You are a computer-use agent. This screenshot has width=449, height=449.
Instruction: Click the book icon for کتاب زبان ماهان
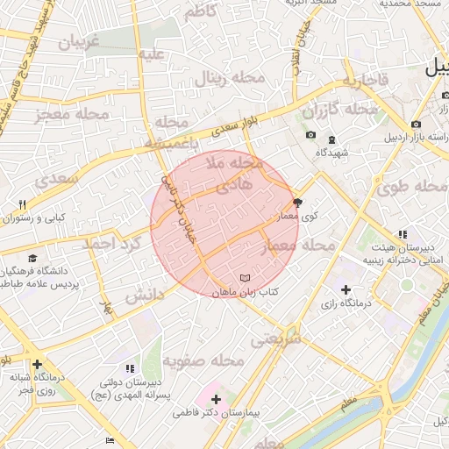tap(245, 279)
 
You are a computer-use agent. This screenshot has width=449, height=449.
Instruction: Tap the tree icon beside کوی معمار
tap(297, 202)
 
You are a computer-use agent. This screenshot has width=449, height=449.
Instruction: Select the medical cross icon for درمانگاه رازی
tap(346, 289)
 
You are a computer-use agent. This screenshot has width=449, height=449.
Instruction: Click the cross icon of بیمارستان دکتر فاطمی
tap(216, 399)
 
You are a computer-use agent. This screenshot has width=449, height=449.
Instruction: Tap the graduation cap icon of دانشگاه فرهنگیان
tap(32, 259)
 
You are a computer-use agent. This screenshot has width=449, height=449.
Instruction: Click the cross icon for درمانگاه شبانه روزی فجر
tap(37, 364)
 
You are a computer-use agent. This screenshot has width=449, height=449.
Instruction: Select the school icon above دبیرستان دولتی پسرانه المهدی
tap(131, 368)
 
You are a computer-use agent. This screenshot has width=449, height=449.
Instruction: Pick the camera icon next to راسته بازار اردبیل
tap(415, 124)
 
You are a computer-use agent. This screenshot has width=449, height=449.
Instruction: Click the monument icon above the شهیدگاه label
tap(331, 139)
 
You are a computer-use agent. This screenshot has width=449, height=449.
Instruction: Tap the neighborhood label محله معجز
tap(72, 114)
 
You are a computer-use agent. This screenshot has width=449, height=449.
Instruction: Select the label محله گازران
tap(340, 111)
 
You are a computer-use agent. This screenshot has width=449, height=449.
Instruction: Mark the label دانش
tap(144, 295)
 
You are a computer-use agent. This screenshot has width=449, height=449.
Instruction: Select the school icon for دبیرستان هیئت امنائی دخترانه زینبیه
tap(403, 234)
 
